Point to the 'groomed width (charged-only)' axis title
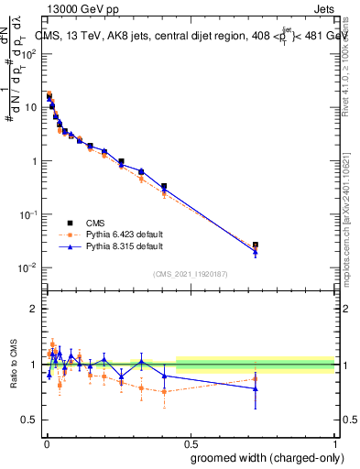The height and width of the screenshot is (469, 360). [x=263, y=456]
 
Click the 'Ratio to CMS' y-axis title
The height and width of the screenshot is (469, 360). [x=13, y=363]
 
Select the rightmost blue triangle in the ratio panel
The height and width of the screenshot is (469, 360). [x=256, y=388]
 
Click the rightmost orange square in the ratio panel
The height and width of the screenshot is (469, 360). [x=256, y=378]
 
